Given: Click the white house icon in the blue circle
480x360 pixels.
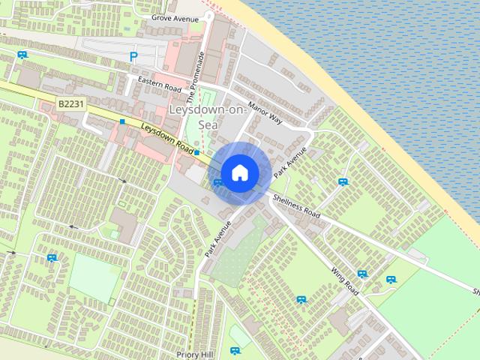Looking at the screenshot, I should point(238,172).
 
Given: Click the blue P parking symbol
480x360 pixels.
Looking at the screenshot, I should point(134,56).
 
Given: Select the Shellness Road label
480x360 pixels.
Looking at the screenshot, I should point(296,204).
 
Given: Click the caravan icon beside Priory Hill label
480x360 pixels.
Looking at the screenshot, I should point(236,350).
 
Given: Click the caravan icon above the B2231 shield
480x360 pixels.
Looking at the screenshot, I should point(22,54).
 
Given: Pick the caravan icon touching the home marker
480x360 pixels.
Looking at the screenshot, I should point(217,182).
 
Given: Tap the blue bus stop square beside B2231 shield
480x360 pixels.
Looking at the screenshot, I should point(121,121).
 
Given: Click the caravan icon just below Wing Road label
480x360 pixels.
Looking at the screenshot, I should point(362,274).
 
